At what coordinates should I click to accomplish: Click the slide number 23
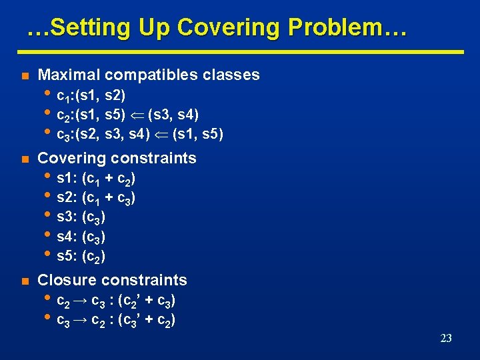pyautogui.click(x=446, y=339)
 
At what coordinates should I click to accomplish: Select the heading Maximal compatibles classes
pyautogui.click(x=149, y=75)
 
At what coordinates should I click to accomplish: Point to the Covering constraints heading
pyautogui.click(x=117, y=158)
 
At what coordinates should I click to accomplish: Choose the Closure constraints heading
pyautogui.click(x=113, y=280)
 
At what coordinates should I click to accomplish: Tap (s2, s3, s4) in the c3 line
pyautogui.click(x=119, y=135)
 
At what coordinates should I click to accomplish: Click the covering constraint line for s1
pyautogui.click(x=97, y=179)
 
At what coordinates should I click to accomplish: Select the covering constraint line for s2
pyautogui.click(x=97, y=198)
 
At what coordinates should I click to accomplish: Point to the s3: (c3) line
pyautogui.click(x=81, y=217)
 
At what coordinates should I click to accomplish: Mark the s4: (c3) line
pyautogui.click(x=81, y=237)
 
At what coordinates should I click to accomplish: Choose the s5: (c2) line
pyautogui.click(x=81, y=256)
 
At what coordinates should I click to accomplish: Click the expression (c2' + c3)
pyautogui.click(x=146, y=301)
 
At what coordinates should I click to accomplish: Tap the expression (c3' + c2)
pyautogui.click(x=146, y=321)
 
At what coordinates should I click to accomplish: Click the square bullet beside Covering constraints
pyautogui.click(x=24, y=159)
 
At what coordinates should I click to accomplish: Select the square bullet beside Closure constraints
pyautogui.click(x=24, y=281)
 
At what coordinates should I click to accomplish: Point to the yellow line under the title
pyautogui.click(x=240, y=51)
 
